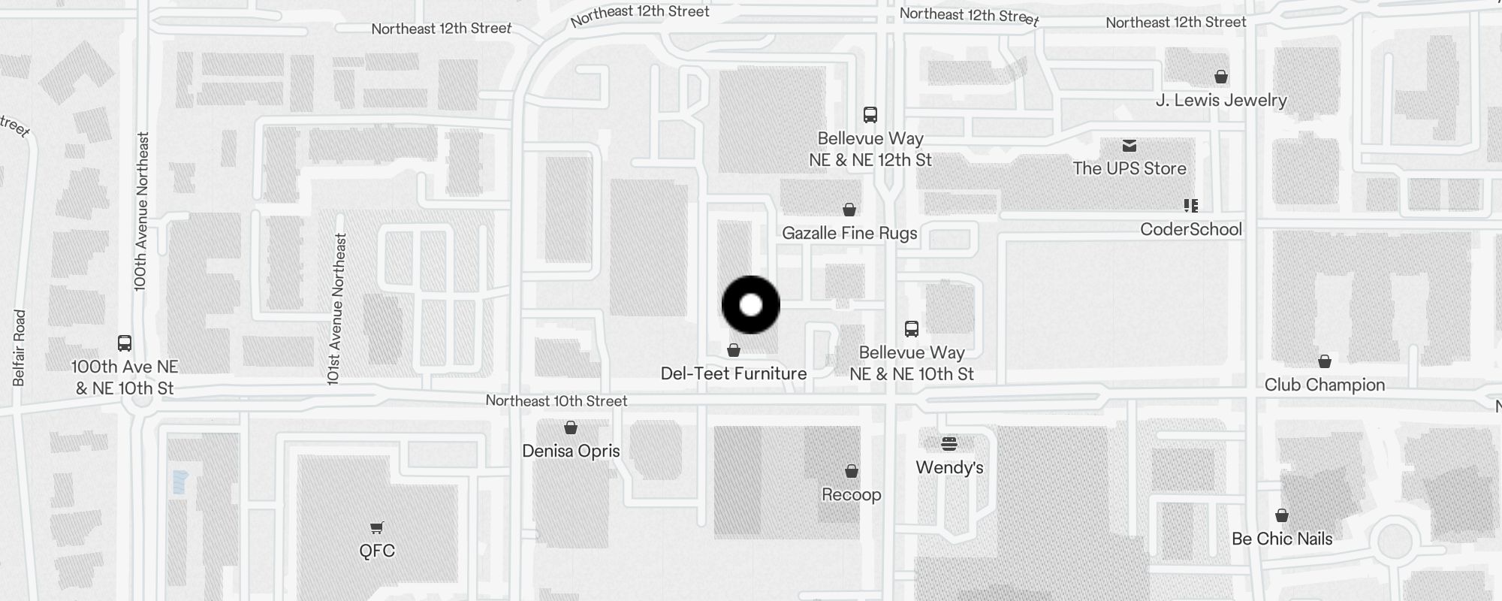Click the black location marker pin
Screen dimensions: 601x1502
pyautogui.click(x=751, y=305)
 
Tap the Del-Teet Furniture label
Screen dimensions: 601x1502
pyautogui.click(x=734, y=373)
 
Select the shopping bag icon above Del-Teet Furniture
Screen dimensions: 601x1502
pyautogui.click(x=734, y=350)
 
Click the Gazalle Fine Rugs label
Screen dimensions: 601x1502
pyautogui.click(x=849, y=233)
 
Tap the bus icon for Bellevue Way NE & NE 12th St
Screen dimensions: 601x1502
pyautogui.click(x=870, y=115)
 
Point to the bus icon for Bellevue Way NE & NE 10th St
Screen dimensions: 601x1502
pyautogui.click(x=912, y=329)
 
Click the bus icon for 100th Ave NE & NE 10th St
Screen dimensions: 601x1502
pyautogui.click(x=125, y=343)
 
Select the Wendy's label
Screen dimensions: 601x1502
pyautogui.click(x=949, y=467)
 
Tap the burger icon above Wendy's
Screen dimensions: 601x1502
pyautogui.click(x=949, y=443)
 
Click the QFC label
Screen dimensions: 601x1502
pyautogui.click(x=377, y=551)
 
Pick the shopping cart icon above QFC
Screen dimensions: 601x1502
pyautogui.click(x=377, y=528)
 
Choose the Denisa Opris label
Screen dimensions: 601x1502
pyautogui.click(x=571, y=451)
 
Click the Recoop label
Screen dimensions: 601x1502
pyautogui.click(x=851, y=494)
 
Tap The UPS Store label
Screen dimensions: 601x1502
pyautogui.click(x=1130, y=168)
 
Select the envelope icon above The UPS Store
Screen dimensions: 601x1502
pyautogui.click(x=1130, y=146)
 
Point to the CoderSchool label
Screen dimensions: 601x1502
pyautogui.click(x=1191, y=229)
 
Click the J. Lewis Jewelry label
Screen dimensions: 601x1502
pyautogui.click(x=1221, y=100)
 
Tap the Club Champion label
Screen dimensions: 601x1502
pyautogui.click(x=1325, y=385)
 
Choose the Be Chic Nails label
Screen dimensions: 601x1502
pyautogui.click(x=1282, y=539)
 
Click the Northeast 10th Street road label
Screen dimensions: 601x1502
pyautogui.click(x=556, y=401)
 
